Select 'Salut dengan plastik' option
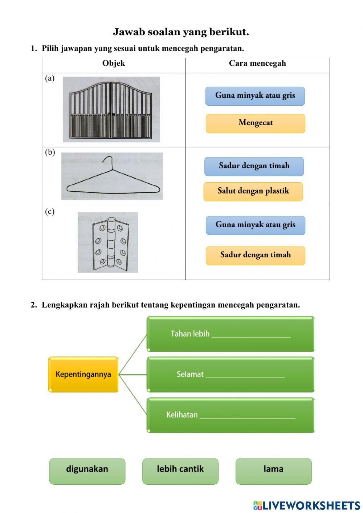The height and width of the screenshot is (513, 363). click(x=253, y=191)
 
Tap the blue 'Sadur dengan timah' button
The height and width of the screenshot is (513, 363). click(x=254, y=166)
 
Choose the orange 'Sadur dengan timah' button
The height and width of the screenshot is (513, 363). click(x=255, y=255)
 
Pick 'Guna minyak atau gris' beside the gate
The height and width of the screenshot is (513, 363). click(x=255, y=96)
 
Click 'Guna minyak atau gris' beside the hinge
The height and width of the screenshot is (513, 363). click(x=255, y=225)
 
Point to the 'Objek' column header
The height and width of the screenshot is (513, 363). click(x=114, y=64)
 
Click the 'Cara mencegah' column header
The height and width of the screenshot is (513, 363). click(x=257, y=64)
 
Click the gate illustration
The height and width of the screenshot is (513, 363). click(x=111, y=110)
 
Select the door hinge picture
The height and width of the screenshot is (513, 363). click(x=108, y=243)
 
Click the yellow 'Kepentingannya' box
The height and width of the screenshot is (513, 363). click(x=83, y=374)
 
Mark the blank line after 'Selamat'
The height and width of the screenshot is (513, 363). click(x=245, y=375)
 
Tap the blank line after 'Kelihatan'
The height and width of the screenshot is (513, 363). click(x=247, y=416)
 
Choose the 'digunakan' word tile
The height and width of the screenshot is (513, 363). click(x=87, y=471)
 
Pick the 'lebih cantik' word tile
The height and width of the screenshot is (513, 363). click(x=180, y=471)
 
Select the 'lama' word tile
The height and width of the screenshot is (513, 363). click(x=273, y=471)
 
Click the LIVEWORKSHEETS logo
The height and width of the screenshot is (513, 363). click(x=307, y=505)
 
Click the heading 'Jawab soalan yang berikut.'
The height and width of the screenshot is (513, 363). click(x=181, y=32)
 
